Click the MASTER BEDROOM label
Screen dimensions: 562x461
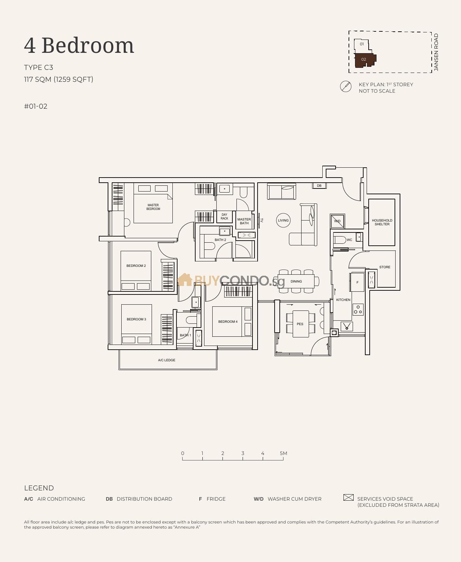[153, 207]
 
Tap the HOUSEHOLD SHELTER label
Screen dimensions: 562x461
[382, 222]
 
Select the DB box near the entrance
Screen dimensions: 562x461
[319, 186]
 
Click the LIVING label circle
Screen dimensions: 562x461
[283, 220]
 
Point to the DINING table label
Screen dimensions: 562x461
[296, 282]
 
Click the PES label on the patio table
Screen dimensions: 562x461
[300, 324]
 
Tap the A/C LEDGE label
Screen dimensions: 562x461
[167, 360]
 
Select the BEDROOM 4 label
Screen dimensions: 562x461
[228, 322]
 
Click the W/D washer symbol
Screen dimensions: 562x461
[337, 221]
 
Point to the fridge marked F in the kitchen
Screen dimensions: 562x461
[357, 282]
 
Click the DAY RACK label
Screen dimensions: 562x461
[224, 217]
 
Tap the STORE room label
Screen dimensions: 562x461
[385, 267]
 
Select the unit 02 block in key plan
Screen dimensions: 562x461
[364, 60]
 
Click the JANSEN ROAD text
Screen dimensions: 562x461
[436, 52]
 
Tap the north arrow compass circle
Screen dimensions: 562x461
[346, 87]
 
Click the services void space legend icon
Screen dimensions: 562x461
[348, 498]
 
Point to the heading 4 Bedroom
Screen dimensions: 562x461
[79, 45]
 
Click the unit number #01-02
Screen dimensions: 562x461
[36, 106]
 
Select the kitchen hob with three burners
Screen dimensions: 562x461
[358, 309]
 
